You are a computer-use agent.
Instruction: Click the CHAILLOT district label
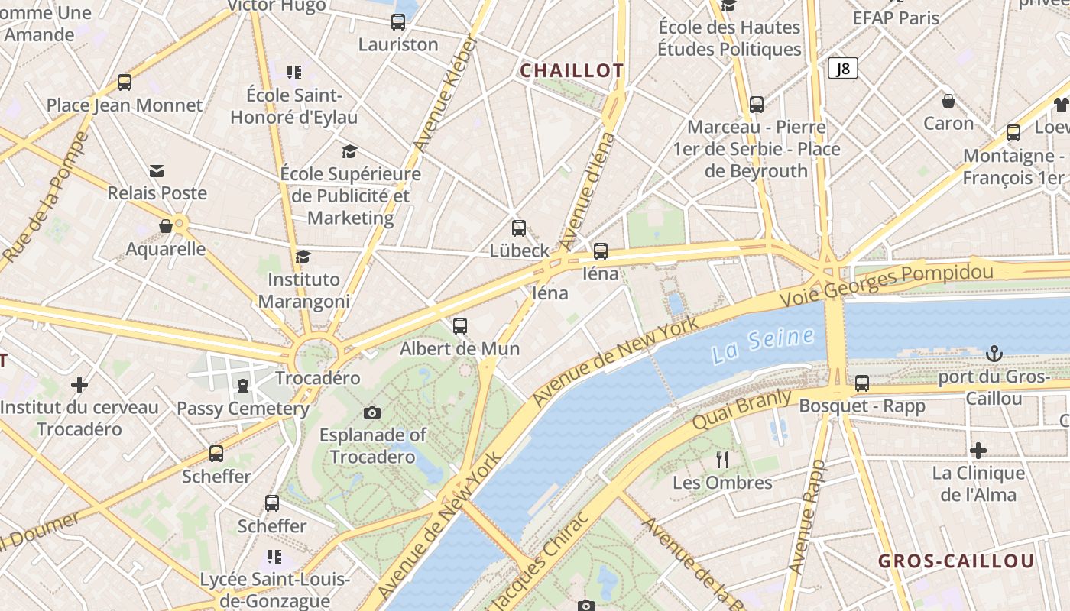point(572,71)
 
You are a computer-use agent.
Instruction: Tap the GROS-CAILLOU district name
point(956,561)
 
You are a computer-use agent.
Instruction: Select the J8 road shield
point(842,69)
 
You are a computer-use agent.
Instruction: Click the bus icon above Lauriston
point(398,22)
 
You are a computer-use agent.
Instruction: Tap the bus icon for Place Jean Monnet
point(125,82)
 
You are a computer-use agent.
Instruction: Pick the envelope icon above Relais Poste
point(157,170)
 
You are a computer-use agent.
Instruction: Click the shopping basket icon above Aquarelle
point(166,226)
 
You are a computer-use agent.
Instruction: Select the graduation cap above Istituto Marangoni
point(303,257)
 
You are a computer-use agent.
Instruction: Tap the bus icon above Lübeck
point(519,228)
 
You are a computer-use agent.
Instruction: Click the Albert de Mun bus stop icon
point(460,326)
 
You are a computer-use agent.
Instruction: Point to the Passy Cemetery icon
point(243,386)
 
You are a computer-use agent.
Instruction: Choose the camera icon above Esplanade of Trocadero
point(372,413)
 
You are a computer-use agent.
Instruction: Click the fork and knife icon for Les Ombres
point(722,459)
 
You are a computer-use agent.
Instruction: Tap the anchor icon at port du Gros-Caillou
point(994,354)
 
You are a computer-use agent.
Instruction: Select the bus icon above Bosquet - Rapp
point(862,383)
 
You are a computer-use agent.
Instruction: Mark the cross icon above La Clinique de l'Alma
point(978,451)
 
